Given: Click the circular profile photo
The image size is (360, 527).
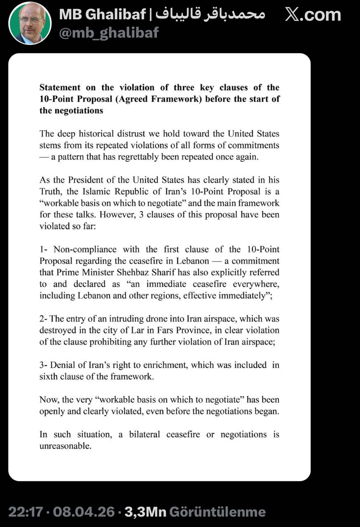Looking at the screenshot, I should point(30,23).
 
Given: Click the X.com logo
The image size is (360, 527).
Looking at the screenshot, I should point(313,15).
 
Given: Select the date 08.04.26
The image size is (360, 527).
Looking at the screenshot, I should point(84,512).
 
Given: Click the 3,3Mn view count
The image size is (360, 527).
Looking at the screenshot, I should point(145,512).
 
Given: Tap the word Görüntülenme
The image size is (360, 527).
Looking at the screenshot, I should point(217,512).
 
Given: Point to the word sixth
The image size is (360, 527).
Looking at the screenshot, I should point(49,377).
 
